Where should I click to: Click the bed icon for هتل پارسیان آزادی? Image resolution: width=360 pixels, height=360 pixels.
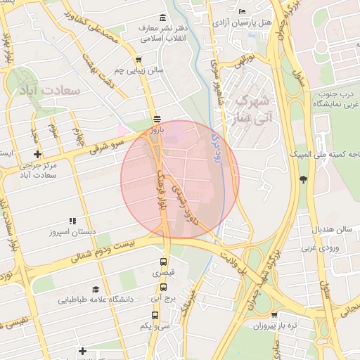click(x=243, y=11)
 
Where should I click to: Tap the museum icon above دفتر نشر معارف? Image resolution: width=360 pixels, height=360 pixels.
click(x=163, y=18)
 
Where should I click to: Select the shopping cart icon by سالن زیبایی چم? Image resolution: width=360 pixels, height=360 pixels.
click(x=139, y=60)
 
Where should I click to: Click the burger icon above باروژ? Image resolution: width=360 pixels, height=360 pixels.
click(x=157, y=119)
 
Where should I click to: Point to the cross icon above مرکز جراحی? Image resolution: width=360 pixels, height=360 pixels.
click(x=37, y=154)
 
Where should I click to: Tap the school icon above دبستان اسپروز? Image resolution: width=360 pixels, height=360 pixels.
click(x=72, y=221)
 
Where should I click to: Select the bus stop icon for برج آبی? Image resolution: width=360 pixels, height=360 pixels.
click(x=164, y=287)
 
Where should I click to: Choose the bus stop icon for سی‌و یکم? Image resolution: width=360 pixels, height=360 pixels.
click(x=155, y=316)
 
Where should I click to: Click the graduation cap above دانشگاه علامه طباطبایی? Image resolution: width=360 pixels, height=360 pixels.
click(x=96, y=289)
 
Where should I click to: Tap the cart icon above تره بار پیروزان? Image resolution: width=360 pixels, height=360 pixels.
click(x=274, y=316)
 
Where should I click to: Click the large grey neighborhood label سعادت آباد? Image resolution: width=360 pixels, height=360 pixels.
click(x=50, y=91)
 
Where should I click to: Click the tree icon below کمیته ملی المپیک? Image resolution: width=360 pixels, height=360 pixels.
click(x=303, y=179)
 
